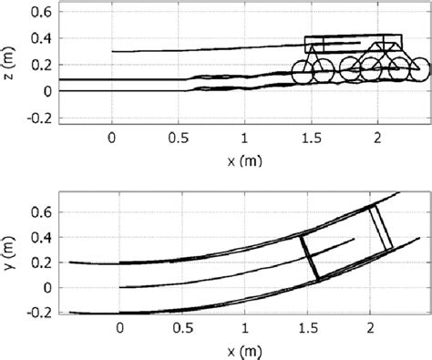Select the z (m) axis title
9,63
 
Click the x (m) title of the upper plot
244,160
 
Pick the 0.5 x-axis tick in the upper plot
179,139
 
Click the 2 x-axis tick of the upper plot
377,139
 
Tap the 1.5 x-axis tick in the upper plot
311,139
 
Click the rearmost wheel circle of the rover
303,72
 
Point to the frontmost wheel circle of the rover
420,69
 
